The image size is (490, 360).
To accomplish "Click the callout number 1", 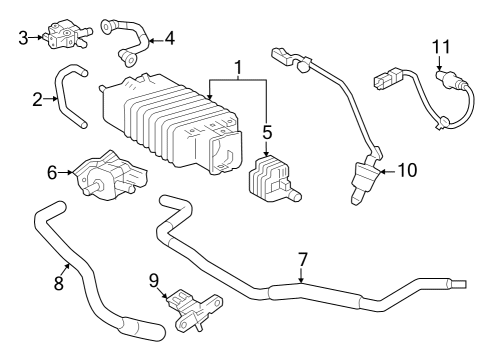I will [x=237, y=67].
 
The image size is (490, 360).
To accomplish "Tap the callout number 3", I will [x=22, y=38].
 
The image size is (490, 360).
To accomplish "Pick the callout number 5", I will [x=266, y=131].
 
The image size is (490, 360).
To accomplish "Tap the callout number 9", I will [x=153, y=279].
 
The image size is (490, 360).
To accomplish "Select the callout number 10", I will [x=407, y=170].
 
